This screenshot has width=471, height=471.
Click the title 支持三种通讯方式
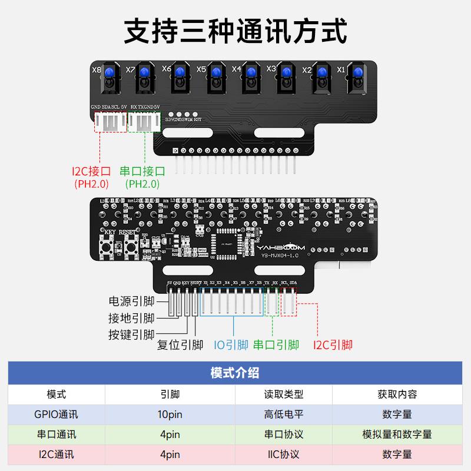click(235, 31)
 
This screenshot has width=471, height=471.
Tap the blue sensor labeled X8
click(110, 74)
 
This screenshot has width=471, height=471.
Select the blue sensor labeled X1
click(357, 73)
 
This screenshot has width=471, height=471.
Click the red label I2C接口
click(91, 171)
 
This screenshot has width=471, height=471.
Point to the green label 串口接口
click(142, 171)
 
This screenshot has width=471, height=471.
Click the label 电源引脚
click(131, 301)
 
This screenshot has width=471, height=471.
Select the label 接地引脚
click(131, 319)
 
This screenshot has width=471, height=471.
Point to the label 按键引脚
click(131, 335)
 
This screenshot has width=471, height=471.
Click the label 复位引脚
click(180, 345)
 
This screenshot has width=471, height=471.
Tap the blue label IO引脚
click(231, 345)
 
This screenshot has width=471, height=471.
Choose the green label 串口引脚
click(276, 345)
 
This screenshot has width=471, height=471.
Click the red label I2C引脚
click(333, 345)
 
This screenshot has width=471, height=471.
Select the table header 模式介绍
click(235, 373)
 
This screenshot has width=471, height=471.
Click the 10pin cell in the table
click(170, 414)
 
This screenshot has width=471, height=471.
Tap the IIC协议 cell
click(283, 455)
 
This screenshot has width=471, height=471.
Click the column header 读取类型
click(283, 394)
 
